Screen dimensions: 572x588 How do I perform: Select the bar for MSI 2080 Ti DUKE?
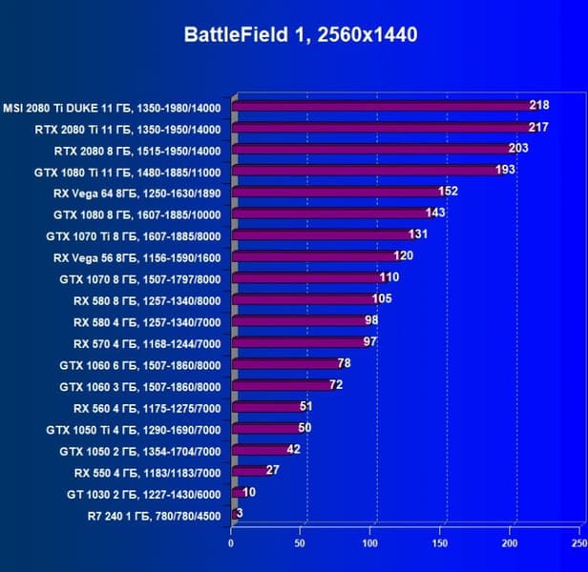click(382, 106)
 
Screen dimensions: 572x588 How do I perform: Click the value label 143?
click(435, 213)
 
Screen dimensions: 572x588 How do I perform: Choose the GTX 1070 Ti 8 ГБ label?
click(134, 235)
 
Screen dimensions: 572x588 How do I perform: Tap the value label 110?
click(388, 277)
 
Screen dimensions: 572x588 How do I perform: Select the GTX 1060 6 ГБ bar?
click(287, 363)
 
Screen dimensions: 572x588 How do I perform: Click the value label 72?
click(336, 384)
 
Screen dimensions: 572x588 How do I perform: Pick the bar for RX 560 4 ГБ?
click(268, 406)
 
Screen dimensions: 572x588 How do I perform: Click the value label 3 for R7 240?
click(239, 514)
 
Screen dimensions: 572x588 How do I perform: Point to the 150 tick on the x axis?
click(441, 543)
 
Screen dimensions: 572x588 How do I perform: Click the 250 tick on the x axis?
click(578, 543)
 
